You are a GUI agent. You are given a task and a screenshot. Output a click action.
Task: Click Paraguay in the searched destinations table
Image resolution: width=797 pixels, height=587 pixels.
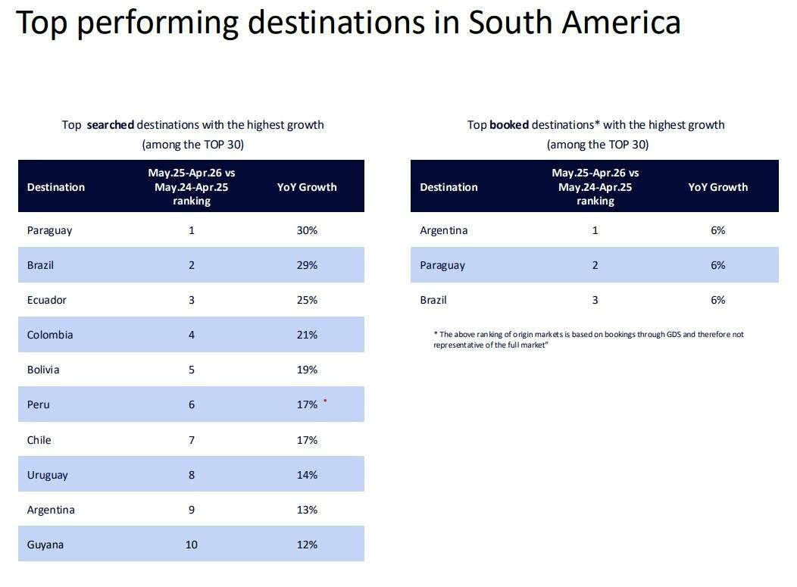[x=49, y=231]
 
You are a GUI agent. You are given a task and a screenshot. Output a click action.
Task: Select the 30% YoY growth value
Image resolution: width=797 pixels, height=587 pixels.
[x=307, y=230]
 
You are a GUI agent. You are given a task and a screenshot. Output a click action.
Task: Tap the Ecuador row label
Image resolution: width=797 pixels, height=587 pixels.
[x=47, y=300]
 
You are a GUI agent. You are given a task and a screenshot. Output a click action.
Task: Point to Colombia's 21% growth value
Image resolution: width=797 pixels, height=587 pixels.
[x=307, y=335]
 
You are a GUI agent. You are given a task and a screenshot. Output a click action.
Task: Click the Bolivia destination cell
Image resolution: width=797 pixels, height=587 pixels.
[x=43, y=370]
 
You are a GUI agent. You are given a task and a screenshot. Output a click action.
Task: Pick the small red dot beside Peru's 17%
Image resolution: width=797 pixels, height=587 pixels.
[x=325, y=401]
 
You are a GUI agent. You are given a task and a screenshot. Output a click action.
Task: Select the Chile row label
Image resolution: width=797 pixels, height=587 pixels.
[x=39, y=439]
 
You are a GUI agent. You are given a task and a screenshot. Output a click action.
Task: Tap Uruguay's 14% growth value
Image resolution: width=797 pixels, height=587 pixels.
[x=307, y=475]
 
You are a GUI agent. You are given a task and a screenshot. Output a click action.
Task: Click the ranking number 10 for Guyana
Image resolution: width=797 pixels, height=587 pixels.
[x=192, y=545]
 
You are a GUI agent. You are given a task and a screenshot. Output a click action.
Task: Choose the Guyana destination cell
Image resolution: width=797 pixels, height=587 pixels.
[x=45, y=545]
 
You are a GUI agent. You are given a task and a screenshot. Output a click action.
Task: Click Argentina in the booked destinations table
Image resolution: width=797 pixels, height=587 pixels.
[x=444, y=231]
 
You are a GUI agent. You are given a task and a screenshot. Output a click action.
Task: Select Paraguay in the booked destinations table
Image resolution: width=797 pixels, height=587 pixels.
[x=442, y=266]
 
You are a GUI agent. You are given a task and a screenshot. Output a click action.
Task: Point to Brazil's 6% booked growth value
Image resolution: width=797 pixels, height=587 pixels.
[x=718, y=300]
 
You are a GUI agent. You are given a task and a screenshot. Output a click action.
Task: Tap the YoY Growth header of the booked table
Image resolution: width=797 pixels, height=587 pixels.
[x=718, y=187]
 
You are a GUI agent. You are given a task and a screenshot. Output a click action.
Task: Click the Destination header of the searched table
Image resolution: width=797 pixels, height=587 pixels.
[x=56, y=187]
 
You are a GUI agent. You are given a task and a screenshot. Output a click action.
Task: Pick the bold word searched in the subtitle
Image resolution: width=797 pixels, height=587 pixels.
[x=111, y=124]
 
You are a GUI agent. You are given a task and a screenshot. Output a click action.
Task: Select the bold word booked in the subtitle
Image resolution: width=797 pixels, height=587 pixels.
[x=509, y=124]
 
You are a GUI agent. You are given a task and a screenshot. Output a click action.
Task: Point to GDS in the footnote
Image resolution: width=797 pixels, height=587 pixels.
[x=674, y=335]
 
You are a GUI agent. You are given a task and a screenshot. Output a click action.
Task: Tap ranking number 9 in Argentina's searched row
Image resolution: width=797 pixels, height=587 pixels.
[x=192, y=510]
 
